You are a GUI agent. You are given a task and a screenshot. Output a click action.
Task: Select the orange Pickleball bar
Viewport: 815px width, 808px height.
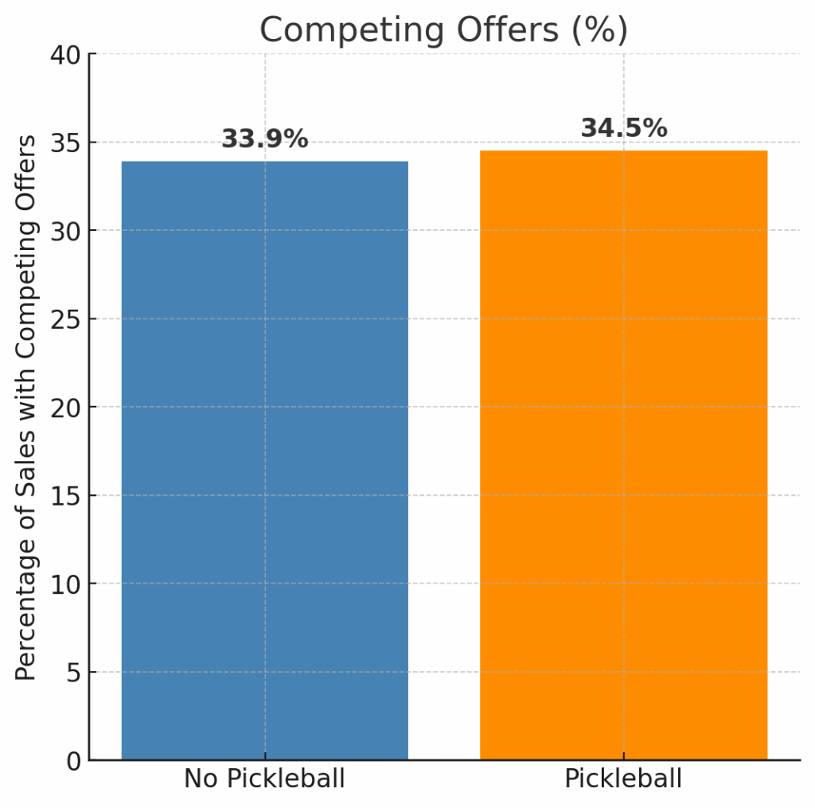tap(623, 455)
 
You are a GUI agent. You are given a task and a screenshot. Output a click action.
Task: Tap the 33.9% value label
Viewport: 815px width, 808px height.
tap(264, 139)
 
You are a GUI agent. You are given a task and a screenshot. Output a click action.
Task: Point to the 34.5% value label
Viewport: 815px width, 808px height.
tap(623, 128)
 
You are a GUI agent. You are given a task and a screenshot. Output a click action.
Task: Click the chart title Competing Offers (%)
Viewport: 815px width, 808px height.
tap(443, 30)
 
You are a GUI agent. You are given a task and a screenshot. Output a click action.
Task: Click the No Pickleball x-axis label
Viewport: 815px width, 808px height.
tap(264, 779)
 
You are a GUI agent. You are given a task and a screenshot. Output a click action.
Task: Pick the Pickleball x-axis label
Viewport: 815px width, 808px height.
tap(623, 779)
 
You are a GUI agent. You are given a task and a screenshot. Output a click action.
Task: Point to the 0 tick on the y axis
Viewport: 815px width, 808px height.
tap(72, 761)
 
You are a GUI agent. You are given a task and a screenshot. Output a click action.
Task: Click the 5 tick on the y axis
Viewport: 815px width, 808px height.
tap(72, 673)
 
